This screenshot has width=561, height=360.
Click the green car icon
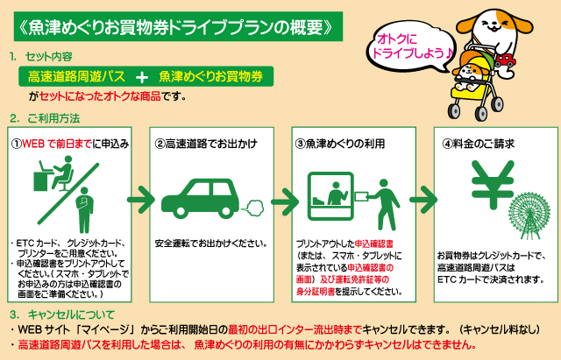201,198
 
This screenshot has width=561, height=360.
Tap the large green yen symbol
493,184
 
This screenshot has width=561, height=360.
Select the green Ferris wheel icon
529,215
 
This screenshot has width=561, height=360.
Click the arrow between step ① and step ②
140,200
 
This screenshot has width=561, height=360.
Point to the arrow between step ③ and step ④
423,200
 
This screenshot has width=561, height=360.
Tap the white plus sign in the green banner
142,77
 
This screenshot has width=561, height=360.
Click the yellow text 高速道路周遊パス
76,76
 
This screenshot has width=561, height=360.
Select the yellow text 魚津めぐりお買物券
211,76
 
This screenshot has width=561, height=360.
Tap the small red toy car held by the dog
505,60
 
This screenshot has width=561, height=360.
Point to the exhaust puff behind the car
253,208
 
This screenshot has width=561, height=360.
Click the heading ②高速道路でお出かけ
206,144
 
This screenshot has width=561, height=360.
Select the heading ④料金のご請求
478,144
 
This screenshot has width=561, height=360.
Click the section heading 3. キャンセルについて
62,314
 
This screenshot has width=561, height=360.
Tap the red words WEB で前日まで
57,144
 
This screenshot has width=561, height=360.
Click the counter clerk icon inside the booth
337,194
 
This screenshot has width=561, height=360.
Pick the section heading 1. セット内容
41,56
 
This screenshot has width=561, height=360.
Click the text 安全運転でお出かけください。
211,244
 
